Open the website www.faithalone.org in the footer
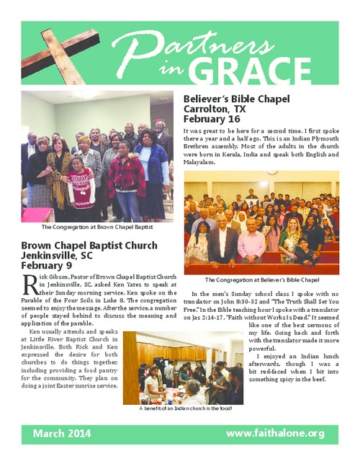276,433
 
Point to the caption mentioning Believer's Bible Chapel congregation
262,279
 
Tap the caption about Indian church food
186,409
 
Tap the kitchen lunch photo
186,367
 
